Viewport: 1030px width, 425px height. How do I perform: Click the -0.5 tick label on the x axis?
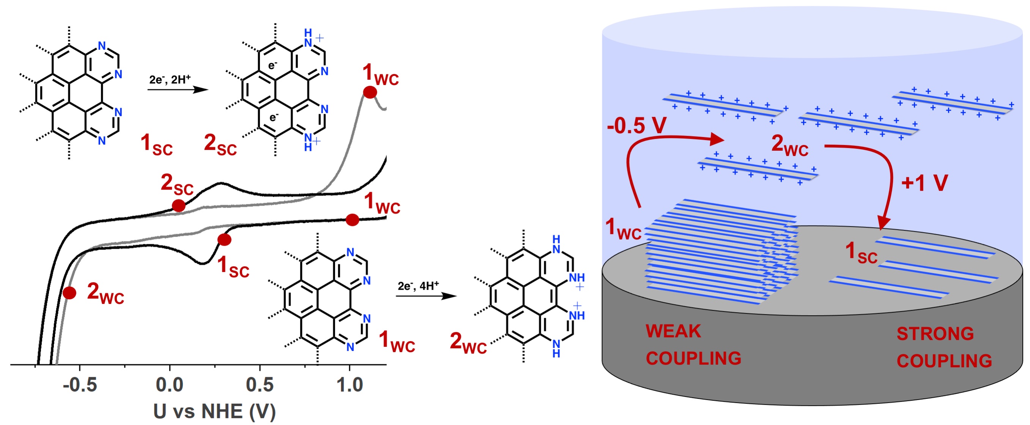[80, 385]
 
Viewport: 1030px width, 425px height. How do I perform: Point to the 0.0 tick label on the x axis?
[170, 385]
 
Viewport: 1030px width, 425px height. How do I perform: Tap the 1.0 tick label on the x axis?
[350, 385]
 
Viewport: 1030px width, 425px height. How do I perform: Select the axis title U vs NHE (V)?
[214, 411]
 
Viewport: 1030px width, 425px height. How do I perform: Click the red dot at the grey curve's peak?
[370, 92]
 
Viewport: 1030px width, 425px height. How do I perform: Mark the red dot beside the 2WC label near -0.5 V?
[69, 293]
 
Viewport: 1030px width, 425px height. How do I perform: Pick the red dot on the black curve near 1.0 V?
[352, 220]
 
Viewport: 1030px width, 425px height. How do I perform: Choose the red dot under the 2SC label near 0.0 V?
[178, 206]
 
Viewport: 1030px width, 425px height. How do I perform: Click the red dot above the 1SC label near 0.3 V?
[224, 240]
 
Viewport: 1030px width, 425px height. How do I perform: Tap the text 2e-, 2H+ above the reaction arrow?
[170, 80]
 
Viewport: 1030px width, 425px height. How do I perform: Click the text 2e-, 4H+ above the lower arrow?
[418, 286]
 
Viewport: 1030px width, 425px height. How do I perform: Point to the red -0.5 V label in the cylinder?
[636, 126]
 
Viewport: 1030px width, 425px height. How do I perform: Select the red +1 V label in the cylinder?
[924, 183]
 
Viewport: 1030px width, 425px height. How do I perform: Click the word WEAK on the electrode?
[673, 331]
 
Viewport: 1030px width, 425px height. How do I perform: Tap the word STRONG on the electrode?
[935, 334]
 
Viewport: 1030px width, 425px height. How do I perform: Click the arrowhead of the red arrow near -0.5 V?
[718, 140]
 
